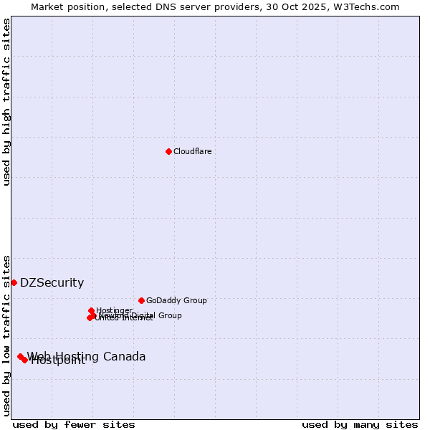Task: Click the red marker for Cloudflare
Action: pos(168,151)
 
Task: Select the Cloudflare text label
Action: pos(192,151)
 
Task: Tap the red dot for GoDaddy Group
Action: pos(141,300)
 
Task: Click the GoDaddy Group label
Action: pos(176,300)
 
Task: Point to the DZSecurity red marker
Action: pos(14,282)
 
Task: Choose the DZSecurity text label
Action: pos(52,282)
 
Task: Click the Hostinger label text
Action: pos(114,310)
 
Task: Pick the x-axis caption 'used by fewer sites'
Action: pos(74,424)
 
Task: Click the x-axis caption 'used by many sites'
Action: pos(360,424)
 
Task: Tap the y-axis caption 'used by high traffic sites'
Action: pos(7,102)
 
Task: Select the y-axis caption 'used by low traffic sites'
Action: pos(7,335)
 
